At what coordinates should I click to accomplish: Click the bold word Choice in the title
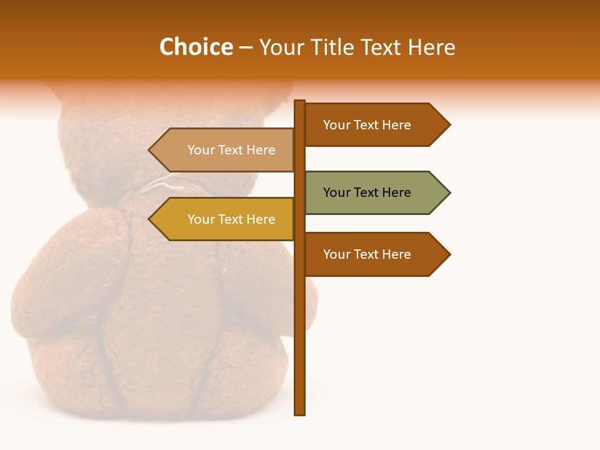click(x=196, y=47)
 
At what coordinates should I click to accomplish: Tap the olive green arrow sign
click(x=375, y=192)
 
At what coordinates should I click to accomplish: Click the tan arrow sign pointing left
click(x=225, y=150)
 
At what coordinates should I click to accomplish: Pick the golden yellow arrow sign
click(x=225, y=219)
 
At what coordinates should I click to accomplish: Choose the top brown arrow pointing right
click(x=375, y=125)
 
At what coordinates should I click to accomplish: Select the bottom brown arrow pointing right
click(x=375, y=254)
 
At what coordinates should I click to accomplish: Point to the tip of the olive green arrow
click(x=449, y=192)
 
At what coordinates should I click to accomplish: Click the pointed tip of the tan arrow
click(x=150, y=150)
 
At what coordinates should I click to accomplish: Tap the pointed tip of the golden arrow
click(x=150, y=219)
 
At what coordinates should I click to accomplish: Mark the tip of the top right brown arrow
click(x=449, y=125)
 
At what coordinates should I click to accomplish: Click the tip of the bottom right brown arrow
click(x=449, y=254)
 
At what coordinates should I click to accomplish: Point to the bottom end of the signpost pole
click(x=300, y=412)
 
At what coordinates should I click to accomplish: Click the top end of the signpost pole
click(x=300, y=102)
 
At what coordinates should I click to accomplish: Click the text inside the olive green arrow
click(x=367, y=192)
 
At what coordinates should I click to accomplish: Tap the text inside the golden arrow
click(x=231, y=219)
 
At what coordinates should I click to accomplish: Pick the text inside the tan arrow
click(x=231, y=150)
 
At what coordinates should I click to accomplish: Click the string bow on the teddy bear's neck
click(x=164, y=184)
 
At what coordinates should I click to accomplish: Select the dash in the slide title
click(x=246, y=47)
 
